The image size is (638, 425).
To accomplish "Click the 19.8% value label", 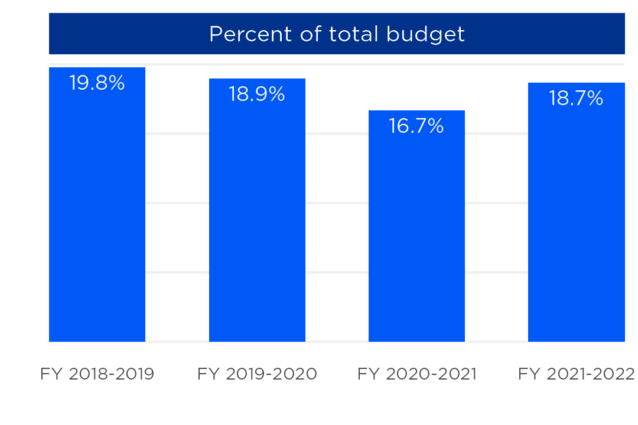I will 97,83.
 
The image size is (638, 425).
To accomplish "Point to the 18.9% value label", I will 257,94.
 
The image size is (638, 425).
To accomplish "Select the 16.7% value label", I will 416,126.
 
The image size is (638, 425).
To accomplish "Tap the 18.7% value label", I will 576,99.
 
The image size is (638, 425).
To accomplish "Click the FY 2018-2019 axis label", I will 97,374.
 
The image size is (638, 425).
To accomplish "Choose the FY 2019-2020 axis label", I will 257,374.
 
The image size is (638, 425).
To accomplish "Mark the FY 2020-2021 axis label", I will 416,374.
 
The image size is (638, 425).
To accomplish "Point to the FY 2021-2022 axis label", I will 576,374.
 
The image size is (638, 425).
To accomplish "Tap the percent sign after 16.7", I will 435,126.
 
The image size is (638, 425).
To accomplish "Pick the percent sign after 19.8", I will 116,83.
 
